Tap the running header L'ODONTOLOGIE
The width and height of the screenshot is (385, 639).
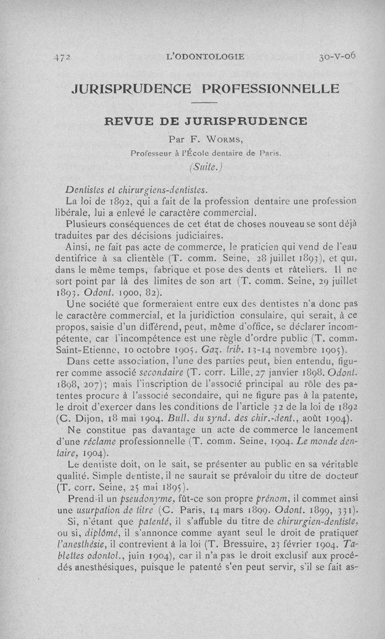pos(205,56)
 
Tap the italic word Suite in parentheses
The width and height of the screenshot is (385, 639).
pos(205,168)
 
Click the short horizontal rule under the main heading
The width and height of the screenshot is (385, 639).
pos(205,104)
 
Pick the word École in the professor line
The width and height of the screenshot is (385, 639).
pos(215,154)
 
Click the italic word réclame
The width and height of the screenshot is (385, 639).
pos(101,441)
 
